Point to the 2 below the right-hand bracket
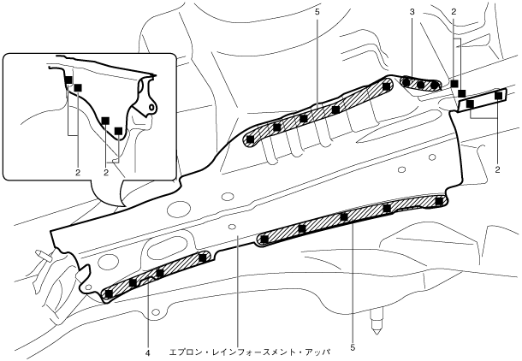coord(497,170)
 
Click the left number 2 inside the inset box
coord(78,171)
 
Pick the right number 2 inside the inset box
coord(107,171)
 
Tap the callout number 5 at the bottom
coord(352,349)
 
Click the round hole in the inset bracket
coord(150,107)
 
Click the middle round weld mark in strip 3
coord(420,84)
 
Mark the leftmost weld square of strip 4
coord(109,293)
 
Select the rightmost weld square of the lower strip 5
coord(440,201)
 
